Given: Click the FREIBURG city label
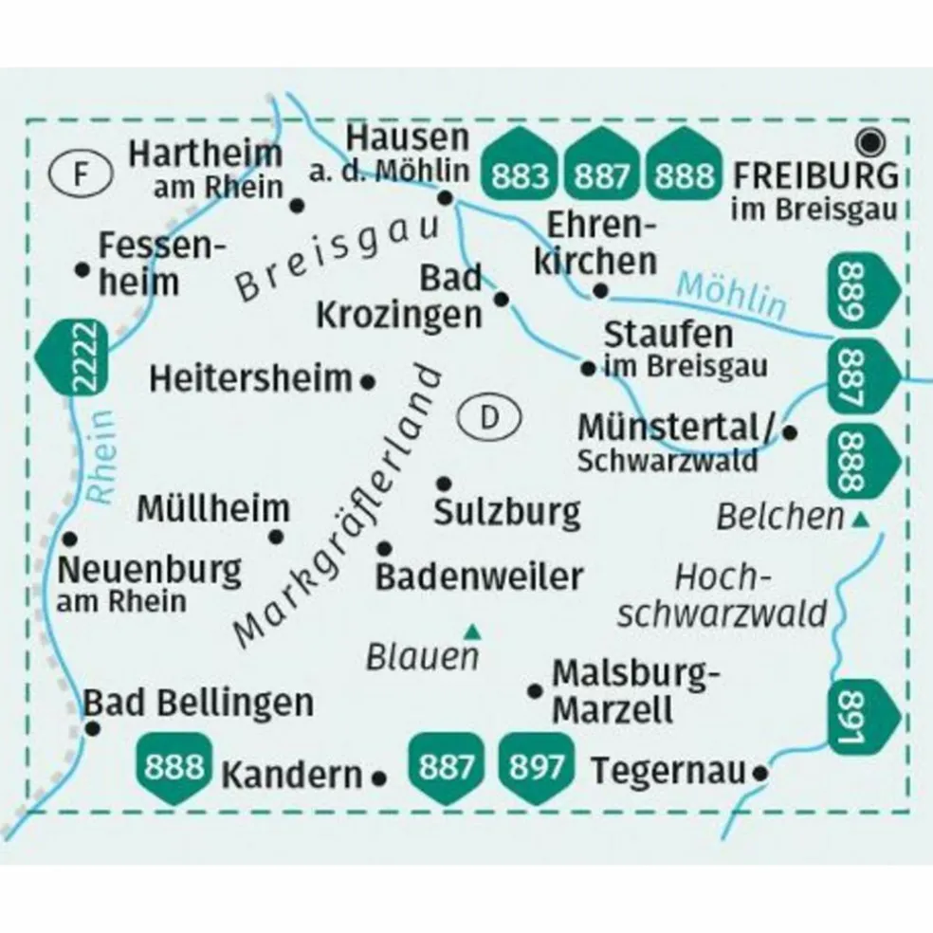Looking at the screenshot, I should coord(816,174).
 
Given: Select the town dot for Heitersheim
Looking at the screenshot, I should coord(369,382).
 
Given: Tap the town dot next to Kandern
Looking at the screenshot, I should coord(380,777).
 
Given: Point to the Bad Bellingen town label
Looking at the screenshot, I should coord(199,703).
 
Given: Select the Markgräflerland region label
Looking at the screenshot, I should coord(338,507).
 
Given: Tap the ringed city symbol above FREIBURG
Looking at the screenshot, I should coord(869,142).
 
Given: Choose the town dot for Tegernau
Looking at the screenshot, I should coord(759,774).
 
